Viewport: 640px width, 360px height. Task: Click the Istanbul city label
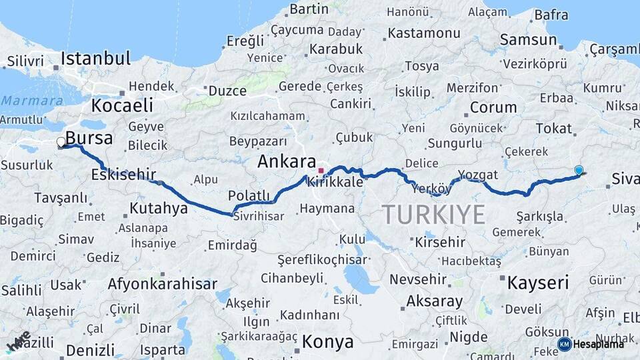[95, 59]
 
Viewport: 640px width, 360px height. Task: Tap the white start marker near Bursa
[61, 142]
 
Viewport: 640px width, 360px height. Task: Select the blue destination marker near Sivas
[579, 171]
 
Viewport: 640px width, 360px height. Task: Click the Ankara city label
[286, 161]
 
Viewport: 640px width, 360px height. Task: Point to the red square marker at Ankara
[321, 170]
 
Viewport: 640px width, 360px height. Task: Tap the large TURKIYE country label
[433, 214]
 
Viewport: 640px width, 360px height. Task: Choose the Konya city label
[327, 342]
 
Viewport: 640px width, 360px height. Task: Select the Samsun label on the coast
[528, 40]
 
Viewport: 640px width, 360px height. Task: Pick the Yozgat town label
[478, 175]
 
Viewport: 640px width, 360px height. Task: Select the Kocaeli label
[122, 105]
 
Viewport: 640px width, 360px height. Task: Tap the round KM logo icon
[564, 344]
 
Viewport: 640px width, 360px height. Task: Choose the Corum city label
[493, 107]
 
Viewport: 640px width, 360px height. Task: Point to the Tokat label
[553, 128]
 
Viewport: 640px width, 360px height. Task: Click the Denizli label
[90, 350]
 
